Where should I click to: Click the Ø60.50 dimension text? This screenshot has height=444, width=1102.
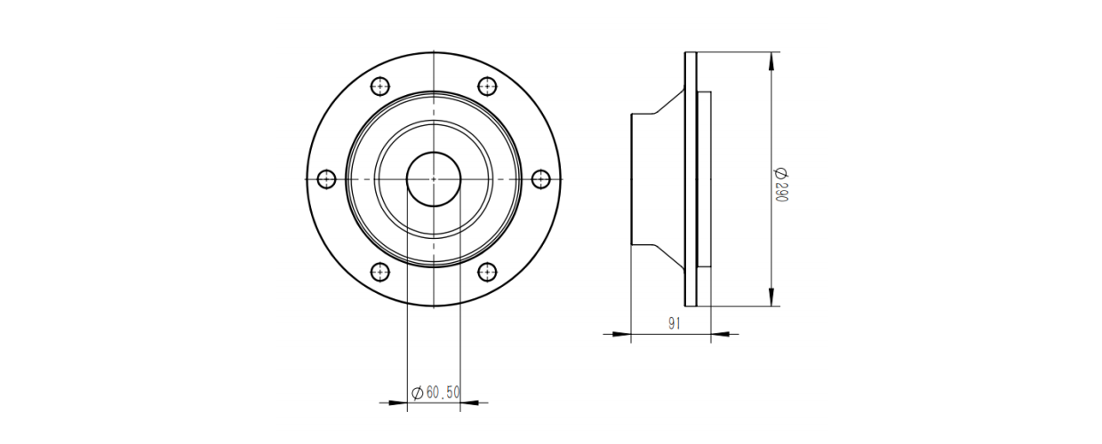coord(435,392)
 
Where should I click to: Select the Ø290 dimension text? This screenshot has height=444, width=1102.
coord(781,185)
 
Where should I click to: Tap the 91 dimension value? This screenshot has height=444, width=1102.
coord(675,323)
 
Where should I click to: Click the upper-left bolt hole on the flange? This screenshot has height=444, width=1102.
coord(379,86)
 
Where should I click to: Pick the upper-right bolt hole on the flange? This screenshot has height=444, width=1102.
coord(487,86)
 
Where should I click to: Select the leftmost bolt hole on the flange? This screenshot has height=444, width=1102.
coord(327,179)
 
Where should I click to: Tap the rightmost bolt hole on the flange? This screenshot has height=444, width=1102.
coord(541,179)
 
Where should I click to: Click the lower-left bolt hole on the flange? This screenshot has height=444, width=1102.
coord(379,272)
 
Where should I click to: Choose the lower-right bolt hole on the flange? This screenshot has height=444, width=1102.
coord(487,272)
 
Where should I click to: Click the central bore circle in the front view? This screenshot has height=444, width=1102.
coord(434,152)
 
